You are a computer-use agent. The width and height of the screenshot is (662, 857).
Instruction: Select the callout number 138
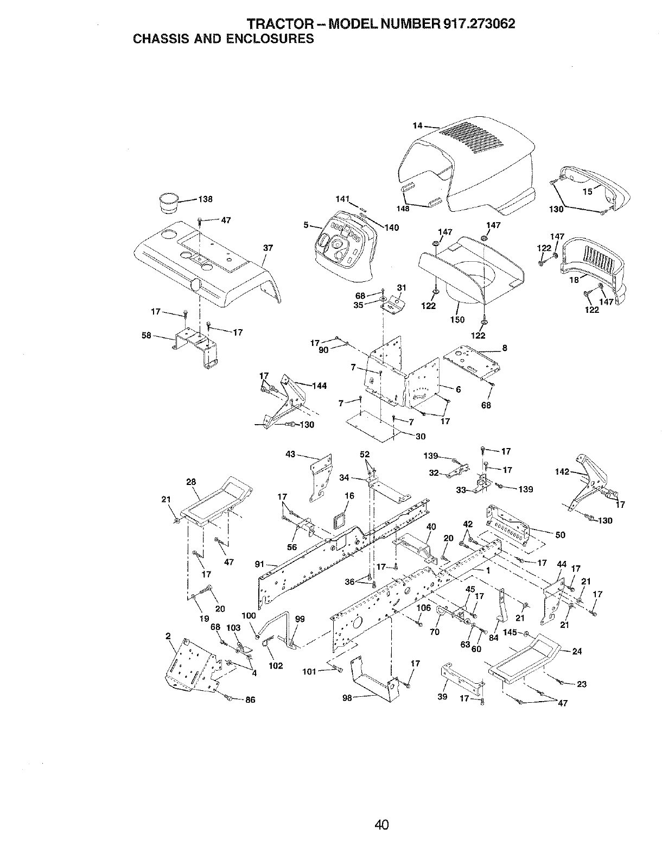(x=205, y=199)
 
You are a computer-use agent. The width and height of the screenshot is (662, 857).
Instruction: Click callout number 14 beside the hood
(x=417, y=126)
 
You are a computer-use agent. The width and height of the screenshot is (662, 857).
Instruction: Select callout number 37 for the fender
(x=268, y=248)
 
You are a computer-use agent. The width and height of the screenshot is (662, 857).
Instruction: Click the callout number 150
(x=457, y=320)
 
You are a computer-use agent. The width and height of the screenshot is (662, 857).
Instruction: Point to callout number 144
(x=320, y=386)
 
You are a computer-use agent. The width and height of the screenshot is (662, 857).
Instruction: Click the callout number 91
(x=259, y=564)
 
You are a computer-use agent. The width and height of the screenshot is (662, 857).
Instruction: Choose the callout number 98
(x=347, y=698)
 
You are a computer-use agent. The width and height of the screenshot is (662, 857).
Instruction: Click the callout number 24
(x=577, y=652)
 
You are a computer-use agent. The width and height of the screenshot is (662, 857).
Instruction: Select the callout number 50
(x=561, y=535)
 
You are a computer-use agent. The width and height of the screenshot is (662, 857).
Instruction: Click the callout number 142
(x=562, y=472)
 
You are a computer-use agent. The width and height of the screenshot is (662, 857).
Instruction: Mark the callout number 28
(x=191, y=482)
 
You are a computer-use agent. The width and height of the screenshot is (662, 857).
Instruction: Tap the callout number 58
(x=146, y=336)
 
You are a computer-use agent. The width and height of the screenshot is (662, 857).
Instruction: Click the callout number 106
(x=424, y=608)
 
